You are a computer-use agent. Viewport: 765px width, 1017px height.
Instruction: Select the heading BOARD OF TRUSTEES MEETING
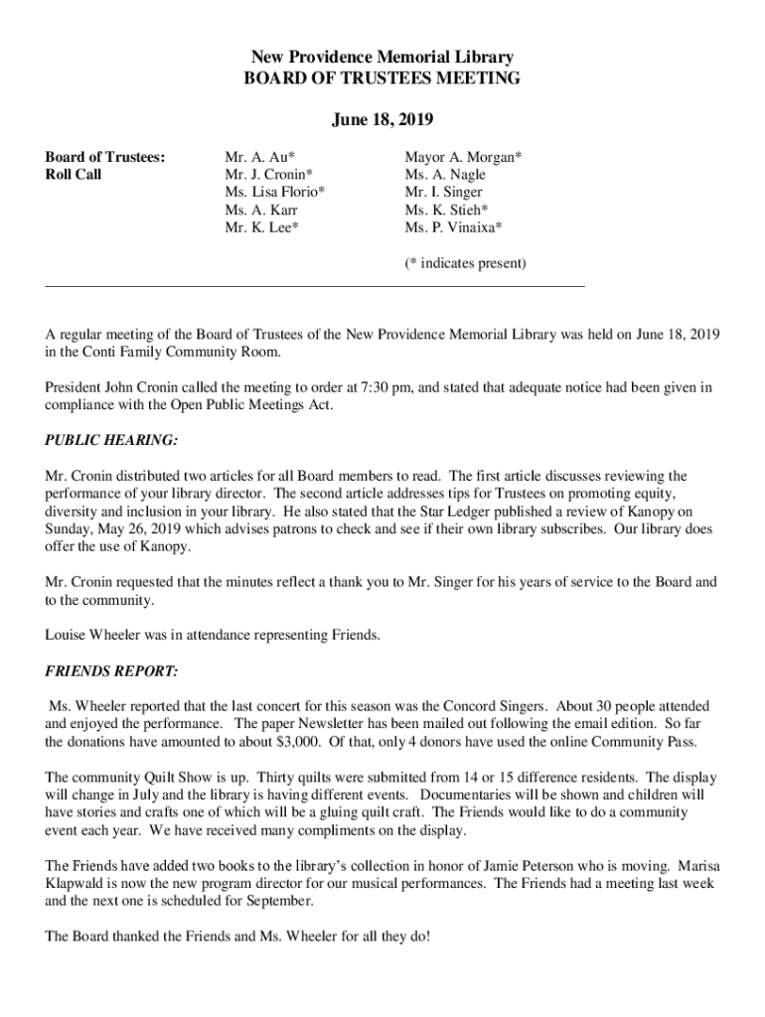[382, 78]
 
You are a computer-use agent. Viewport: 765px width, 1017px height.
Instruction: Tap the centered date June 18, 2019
[382, 120]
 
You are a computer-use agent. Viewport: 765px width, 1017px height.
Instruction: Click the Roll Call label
[74, 174]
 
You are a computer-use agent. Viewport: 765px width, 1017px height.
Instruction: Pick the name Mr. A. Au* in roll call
[259, 156]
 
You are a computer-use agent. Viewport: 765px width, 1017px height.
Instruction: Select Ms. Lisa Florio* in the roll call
[274, 192]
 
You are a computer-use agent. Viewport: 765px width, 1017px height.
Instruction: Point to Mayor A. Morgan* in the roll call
[464, 156]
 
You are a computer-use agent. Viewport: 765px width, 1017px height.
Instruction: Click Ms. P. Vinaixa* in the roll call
[453, 227]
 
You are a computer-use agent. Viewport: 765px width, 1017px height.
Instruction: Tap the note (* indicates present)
[465, 263]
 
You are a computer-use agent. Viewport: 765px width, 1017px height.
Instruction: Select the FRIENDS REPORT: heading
[111, 672]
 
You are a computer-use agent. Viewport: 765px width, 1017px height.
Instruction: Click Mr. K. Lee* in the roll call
[261, 227]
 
